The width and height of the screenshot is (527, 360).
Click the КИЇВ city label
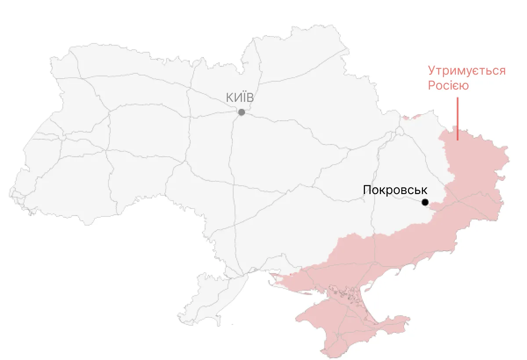[x=240, y=97]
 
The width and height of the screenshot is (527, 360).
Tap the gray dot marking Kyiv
[x=242, y=112]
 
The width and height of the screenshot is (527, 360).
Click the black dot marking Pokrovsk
[x=425, y=202]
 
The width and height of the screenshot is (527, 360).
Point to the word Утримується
[x=467, y=71]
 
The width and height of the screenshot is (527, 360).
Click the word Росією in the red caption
[x=448, y=86]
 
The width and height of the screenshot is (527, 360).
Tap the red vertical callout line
[x=458, y=119]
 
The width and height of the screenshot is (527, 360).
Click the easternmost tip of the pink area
[x=509, y=155]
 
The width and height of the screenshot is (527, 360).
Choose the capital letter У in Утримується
[x=432, y=71]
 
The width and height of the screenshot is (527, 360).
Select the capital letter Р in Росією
[x=432, y=86]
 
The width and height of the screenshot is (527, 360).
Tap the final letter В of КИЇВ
[x=250, y=97]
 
